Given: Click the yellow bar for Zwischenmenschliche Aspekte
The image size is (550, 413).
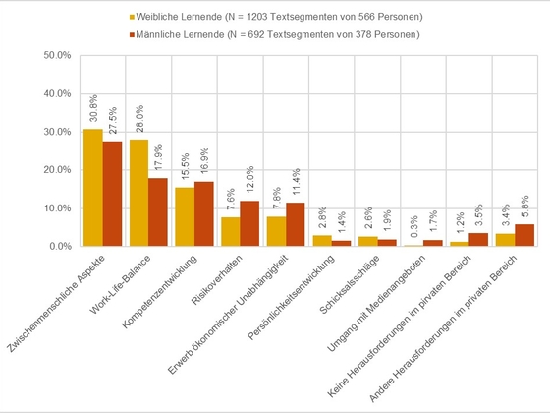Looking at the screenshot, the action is (x=93, y=188).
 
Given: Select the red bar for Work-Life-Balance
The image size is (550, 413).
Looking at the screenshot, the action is (x=158, y=212).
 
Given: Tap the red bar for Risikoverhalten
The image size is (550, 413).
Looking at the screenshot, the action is (x=249, y=223).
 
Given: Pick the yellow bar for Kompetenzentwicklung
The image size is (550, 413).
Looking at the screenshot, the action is (x=185, y=216).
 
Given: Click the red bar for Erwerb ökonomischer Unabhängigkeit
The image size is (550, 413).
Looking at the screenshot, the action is (x=296, y=224).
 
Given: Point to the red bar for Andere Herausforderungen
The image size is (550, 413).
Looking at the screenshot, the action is (x=524, y=235).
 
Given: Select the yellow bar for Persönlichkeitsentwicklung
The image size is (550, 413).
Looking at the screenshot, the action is (x=322, y=241).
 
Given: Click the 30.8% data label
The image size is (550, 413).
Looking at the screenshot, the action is (x=93, y=108).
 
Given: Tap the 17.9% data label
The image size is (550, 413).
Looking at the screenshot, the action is (x=158, y=157).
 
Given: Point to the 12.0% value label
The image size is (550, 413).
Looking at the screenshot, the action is (x=250, y=180).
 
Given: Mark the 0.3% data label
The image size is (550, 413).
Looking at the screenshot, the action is (x=413, y=226).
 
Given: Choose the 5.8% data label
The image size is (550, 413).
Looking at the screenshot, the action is (x=524, y=207).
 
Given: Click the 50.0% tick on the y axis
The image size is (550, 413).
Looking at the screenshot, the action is (x=57, y=55).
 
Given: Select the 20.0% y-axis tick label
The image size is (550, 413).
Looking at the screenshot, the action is (x=57, y=170).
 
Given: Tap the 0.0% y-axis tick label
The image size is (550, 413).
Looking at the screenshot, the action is (x=60, y=246).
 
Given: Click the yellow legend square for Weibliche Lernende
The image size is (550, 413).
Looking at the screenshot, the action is (x=132, y=17).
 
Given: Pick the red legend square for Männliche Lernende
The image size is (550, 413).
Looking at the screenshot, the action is (x=132, y=34).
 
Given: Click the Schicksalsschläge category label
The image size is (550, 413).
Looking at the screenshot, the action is (x=350, y=284).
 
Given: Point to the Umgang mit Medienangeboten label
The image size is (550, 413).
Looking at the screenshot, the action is (x=376, y=303).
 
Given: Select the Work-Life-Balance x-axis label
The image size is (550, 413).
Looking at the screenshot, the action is (x=120, y=284).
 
